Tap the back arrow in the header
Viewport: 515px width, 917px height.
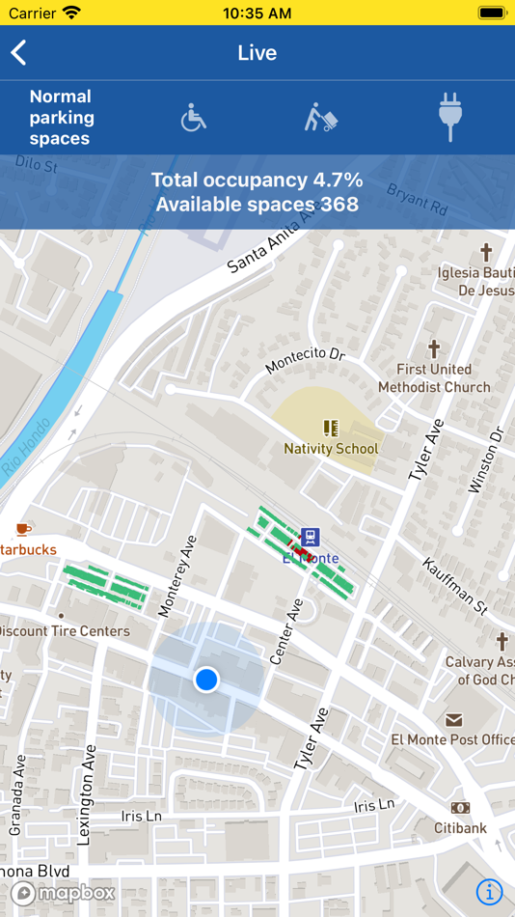(18, 53)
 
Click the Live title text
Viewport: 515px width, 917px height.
(257, 53)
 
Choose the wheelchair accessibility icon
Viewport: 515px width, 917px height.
(193, 118)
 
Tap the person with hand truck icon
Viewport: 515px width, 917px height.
(321, 118)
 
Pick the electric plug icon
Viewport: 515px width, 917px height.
(450, 118)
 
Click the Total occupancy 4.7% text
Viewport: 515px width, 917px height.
(257, 180)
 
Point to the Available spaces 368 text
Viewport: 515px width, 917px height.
(257, 205)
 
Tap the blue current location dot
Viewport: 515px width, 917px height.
(206, 680)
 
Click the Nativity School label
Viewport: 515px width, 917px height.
(331, 449)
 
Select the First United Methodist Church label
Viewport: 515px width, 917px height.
(434, 378)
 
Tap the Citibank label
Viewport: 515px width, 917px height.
(460, 828)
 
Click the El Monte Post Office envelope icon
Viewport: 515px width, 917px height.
(453, 720)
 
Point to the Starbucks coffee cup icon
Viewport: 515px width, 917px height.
(22, 529)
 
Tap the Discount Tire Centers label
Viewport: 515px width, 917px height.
(66, 631)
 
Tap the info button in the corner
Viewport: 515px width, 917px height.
(490, 892)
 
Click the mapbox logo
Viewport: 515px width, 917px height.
(63, 893)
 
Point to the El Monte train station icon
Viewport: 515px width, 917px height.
(310, 538)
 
